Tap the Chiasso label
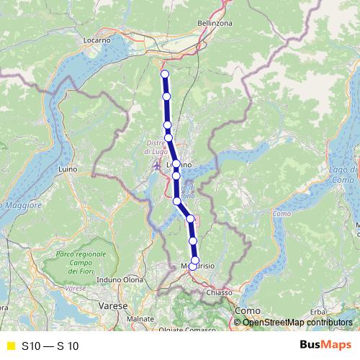(x=218, y=292)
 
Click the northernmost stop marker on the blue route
(x=164, y=74)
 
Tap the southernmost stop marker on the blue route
(x=193, y=266)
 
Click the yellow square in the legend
(x=10, y=346)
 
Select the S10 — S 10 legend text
(x=50, y=346)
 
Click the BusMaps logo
(x=323, y=346)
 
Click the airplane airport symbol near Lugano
(x=158, y=166)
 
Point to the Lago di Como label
(x=345, y=174)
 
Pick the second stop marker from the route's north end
(x=166, y=96)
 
